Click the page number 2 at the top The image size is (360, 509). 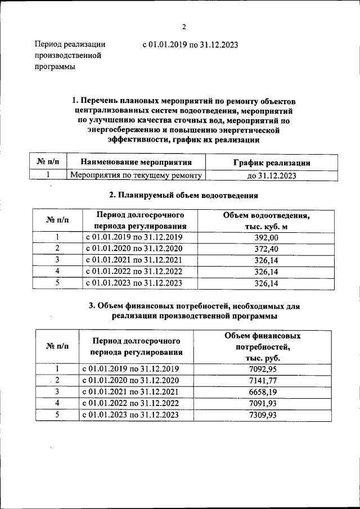click(183, 26)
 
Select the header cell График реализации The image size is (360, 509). click(271, 163)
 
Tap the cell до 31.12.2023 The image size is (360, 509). click(271, 175)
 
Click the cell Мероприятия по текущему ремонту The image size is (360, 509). click(135, 175)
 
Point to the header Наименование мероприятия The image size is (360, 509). click(136, 162)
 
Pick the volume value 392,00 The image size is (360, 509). click(267, 237)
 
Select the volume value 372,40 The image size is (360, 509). click(267, 249)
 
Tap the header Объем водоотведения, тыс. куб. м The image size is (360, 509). click(267, 220)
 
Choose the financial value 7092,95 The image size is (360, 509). click(263, 369)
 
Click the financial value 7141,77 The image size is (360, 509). click(263, 380)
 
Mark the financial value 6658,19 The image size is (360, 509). click(263, 391)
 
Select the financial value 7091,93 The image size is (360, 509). click(263, 403)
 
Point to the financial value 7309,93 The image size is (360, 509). click(263, 415)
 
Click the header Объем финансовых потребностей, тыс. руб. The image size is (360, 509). click(263, 346)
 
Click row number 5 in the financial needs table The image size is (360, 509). click(56, 415)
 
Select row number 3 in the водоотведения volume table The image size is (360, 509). click(57, 260)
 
